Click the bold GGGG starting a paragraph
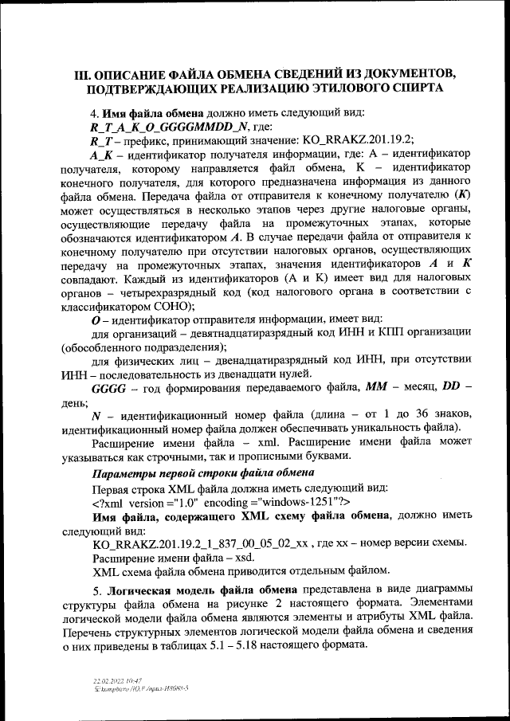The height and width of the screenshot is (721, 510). click(109, 390)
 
